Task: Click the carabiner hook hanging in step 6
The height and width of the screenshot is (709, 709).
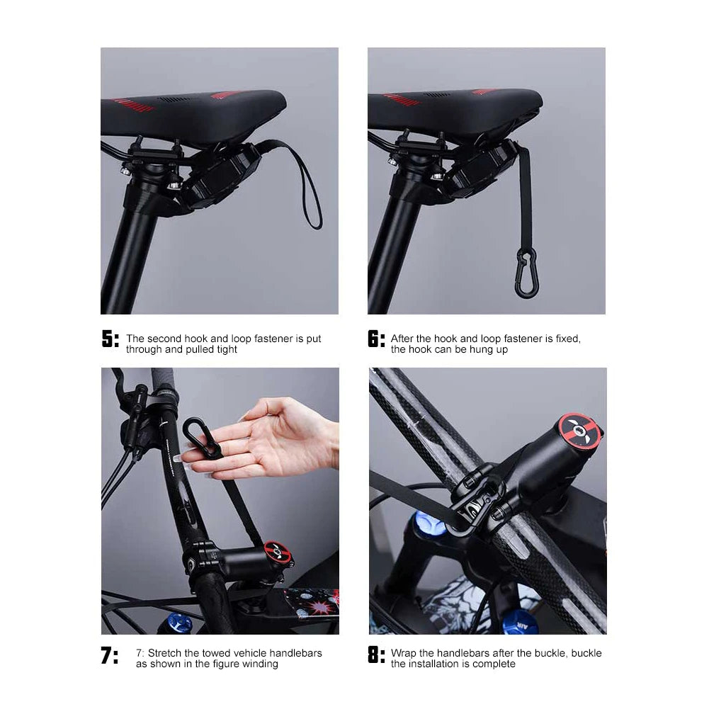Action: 527,273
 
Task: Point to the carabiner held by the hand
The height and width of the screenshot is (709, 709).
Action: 202,438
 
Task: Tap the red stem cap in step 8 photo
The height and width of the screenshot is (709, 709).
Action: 580,429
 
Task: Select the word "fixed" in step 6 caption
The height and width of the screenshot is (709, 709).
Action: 568,339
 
